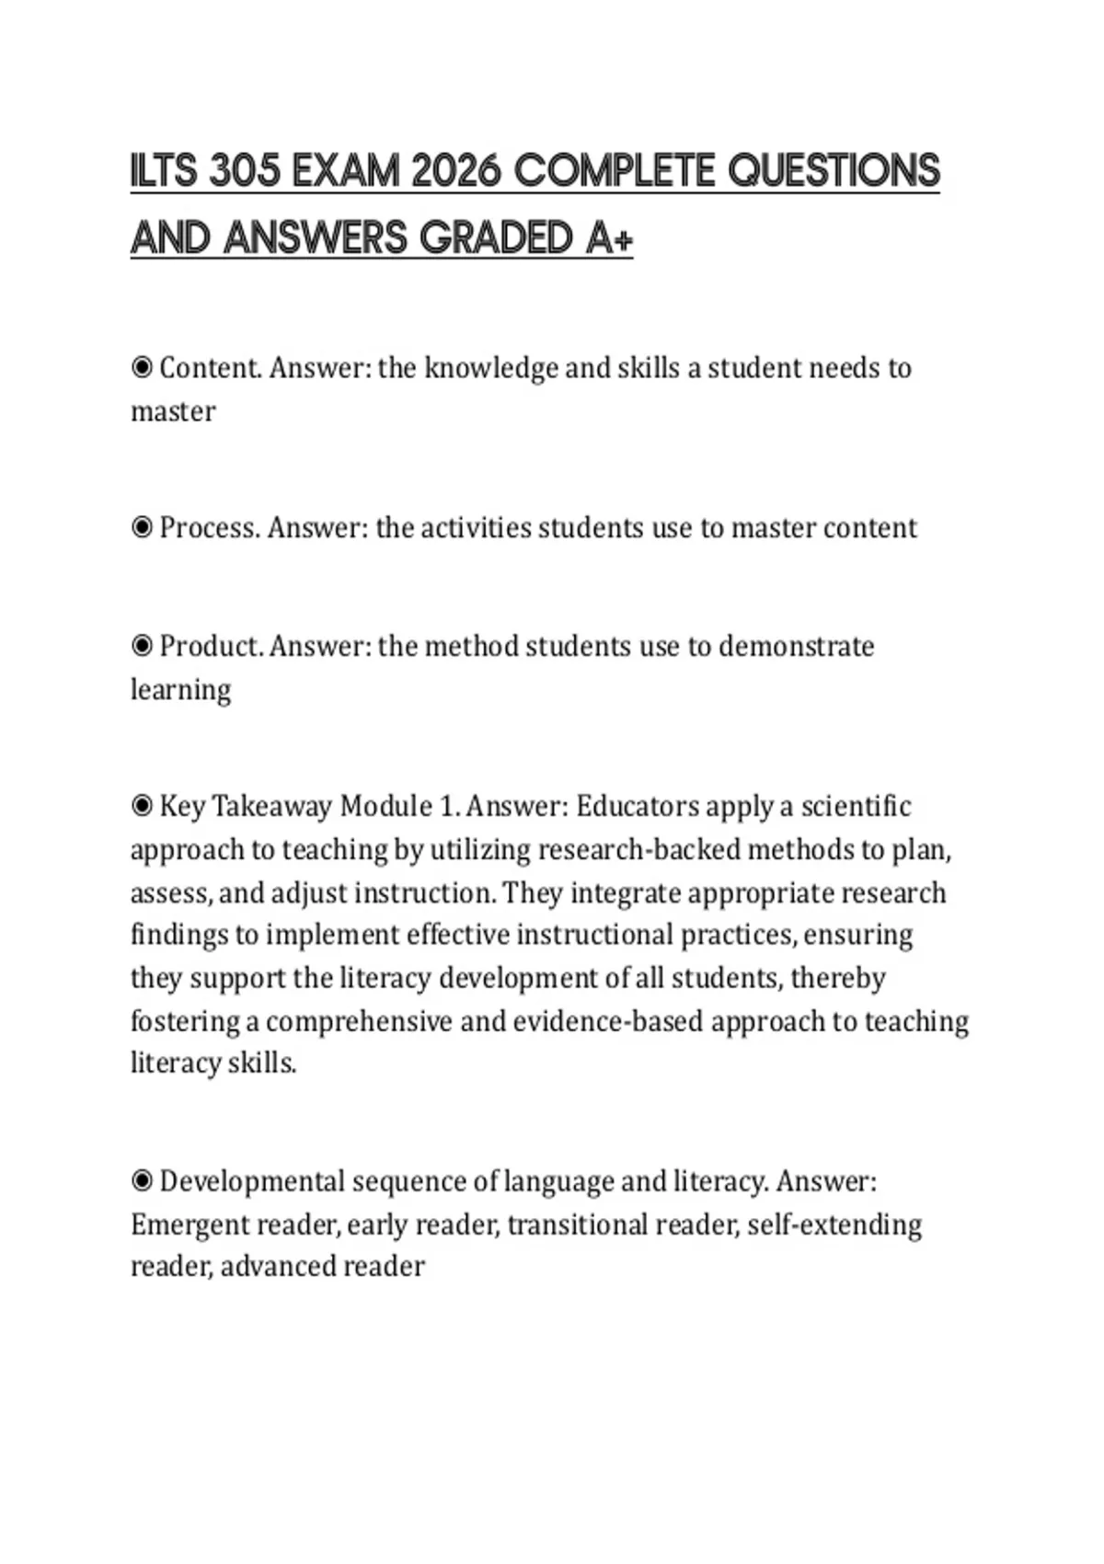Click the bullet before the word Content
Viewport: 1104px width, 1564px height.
pos(142,368)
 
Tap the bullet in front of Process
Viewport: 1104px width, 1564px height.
pos(142,528)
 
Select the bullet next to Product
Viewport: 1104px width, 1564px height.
pos(142,646)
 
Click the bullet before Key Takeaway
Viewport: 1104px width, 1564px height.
pos(142,807)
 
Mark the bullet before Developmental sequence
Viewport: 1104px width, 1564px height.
pos(142,1181)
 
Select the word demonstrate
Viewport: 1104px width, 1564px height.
pos(796,646)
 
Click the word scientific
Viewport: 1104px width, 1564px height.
pos(856,807)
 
